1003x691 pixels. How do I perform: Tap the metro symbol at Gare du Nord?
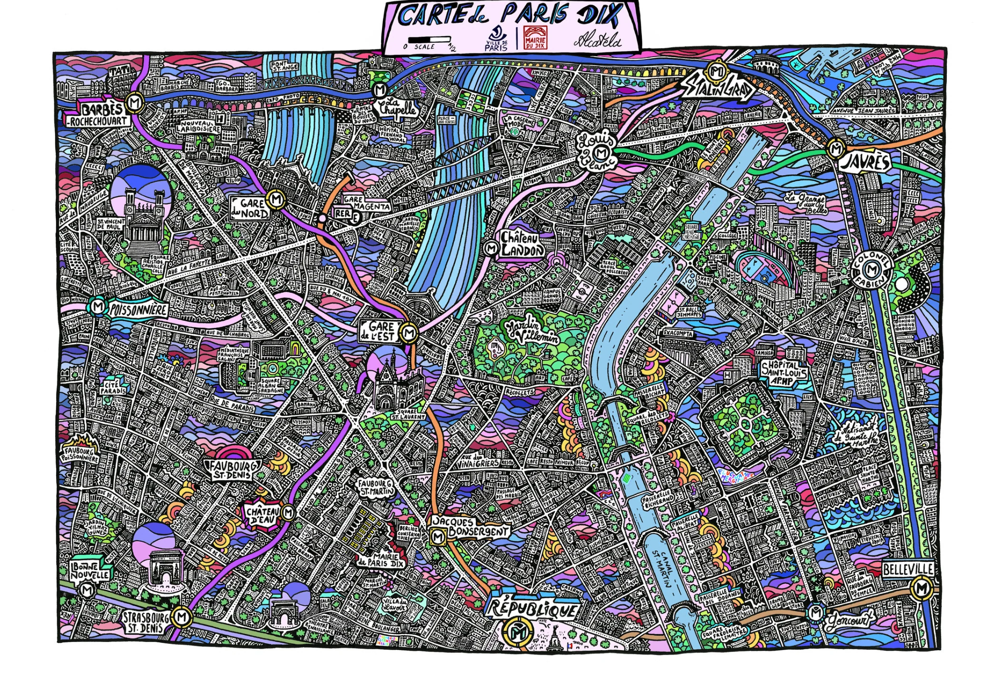pyautogui.click(x=275, y=200)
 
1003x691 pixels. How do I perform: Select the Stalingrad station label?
pyautogui.click(x=718, y=89)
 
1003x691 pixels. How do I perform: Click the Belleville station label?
pyautogui.click(x=908, y=569)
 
